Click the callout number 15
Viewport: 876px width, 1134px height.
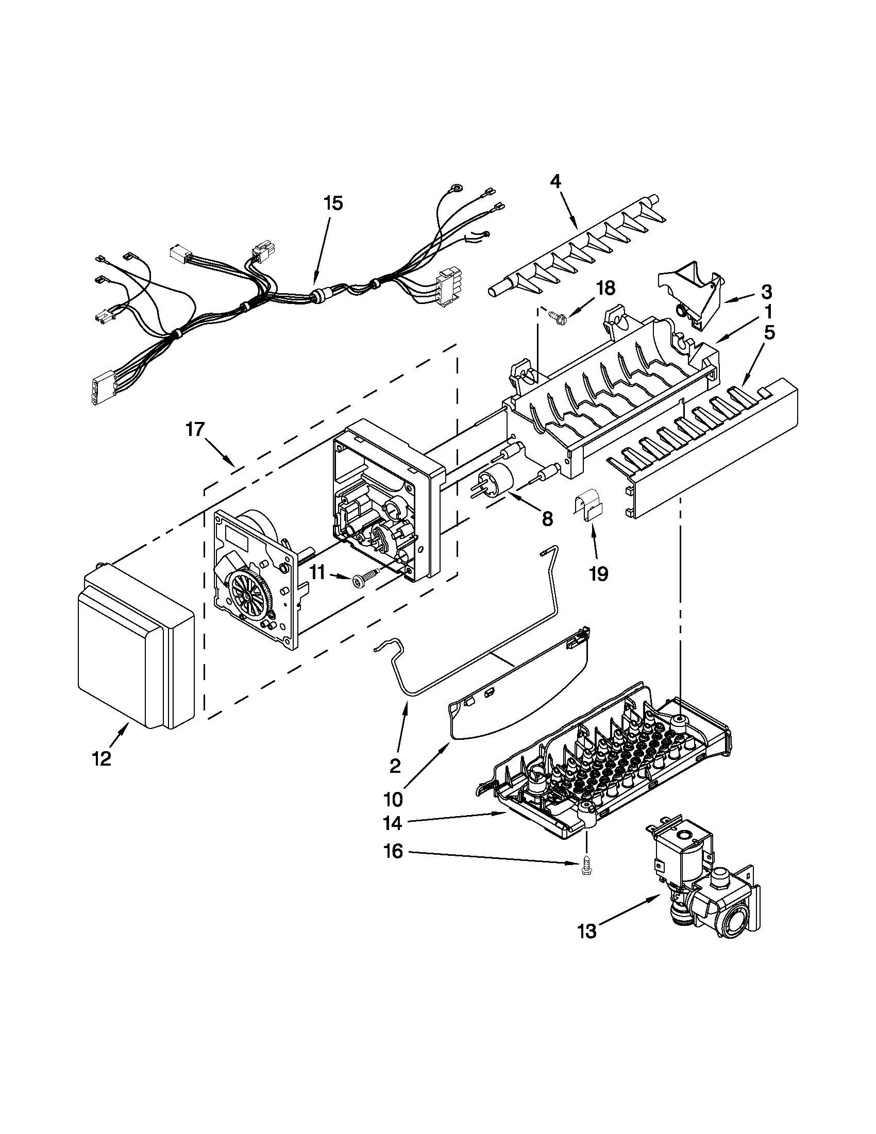click(x=333, y=203)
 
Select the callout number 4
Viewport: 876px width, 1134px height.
click(x=555, y=181)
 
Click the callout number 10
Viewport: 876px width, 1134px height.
click(x=394, y=800)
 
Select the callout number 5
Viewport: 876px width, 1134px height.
click(x=768, y=332)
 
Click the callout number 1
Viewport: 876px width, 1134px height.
click(x=768, y=312)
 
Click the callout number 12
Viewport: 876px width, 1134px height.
click(x=102, y=759)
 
